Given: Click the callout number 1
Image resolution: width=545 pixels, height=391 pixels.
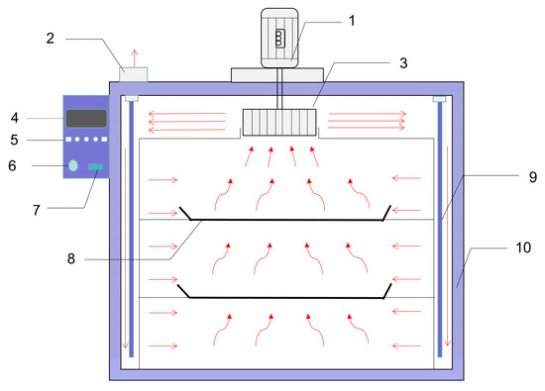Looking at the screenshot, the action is click(352, 21).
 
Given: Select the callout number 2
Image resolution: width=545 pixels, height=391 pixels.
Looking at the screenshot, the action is click(51, 39).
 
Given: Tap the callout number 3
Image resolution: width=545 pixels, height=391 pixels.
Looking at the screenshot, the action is click(403, 62).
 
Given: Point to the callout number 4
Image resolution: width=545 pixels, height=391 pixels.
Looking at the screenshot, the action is click(14, 118).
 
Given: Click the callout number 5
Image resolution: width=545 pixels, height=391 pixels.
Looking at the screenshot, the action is click(14, 140).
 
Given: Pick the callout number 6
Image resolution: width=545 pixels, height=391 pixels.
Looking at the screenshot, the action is click(12, 165).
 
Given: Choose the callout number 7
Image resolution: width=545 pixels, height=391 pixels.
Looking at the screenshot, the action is click(37, 210).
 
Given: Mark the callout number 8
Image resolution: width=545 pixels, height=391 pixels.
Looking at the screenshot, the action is click(71, 258).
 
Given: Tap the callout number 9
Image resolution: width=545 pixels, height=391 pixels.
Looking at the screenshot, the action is click(533, 177).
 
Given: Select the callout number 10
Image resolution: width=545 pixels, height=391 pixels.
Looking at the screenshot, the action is click(523, 247).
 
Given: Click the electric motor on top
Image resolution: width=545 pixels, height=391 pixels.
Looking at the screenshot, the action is click(279, 38).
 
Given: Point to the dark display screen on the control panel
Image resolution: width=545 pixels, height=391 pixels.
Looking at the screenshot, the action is click(86, 119).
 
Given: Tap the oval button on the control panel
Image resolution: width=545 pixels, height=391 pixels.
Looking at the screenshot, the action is click(73, 165).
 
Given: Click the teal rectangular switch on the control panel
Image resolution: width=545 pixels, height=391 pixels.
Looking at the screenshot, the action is click(95, 166).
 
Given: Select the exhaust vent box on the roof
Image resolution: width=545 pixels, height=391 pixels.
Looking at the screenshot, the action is click(133, 74).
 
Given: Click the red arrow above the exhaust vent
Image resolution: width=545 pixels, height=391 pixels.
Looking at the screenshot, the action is click(135, 58).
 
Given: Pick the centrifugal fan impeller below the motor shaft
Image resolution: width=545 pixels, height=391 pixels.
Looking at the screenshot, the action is click(279, 122).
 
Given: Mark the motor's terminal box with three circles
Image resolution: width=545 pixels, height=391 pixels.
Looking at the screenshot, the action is click(279, 39).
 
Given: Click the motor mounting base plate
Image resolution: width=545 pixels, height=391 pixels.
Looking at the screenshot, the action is click(277, 75).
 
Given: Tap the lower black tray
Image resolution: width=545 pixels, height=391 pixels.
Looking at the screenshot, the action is click(284, 297).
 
